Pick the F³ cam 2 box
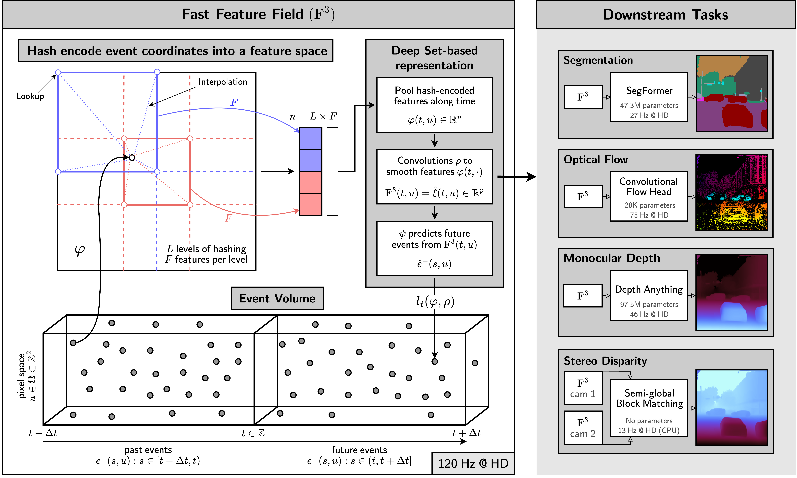583,427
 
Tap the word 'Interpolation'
223,82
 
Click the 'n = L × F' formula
313,116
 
